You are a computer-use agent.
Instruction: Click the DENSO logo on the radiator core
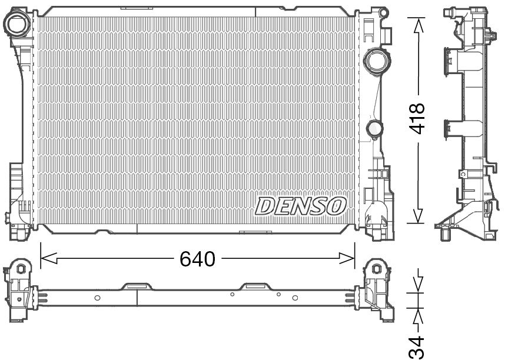(300, 205)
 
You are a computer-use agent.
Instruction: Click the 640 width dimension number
(198, 258)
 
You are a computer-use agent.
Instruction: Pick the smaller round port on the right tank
(374, 128)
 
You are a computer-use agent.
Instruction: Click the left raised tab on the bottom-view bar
(137, 286)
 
